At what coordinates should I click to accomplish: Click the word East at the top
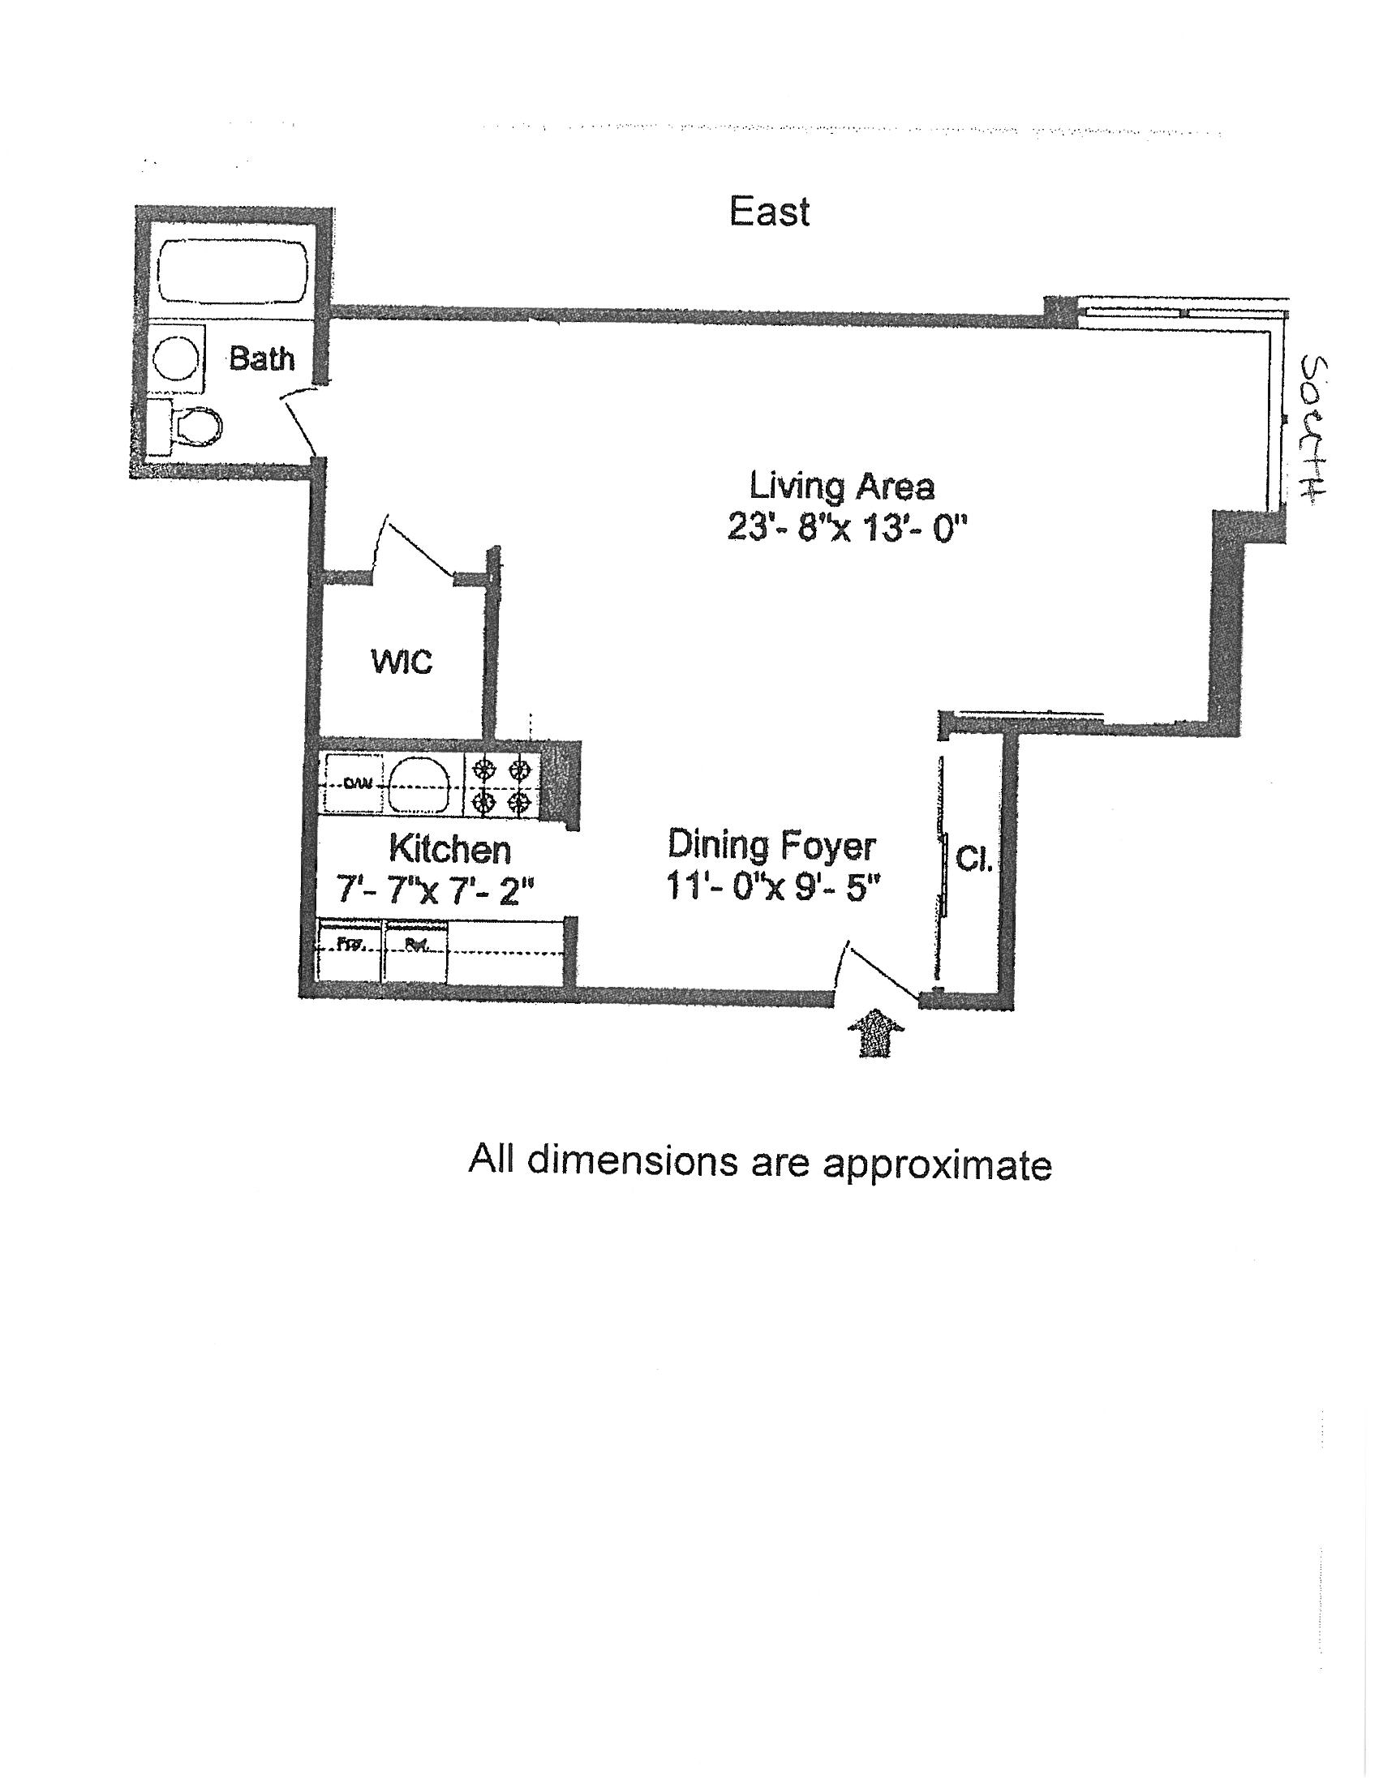769,212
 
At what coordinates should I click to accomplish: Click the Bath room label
261,358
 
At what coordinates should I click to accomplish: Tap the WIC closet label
401,662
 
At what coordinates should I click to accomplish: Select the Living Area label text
841,487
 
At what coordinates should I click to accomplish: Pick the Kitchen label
449,850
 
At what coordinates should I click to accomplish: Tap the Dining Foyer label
771,845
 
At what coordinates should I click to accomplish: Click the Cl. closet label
973,860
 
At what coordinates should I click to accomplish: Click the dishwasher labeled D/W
354,784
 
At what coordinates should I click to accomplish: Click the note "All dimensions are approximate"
759,1162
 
